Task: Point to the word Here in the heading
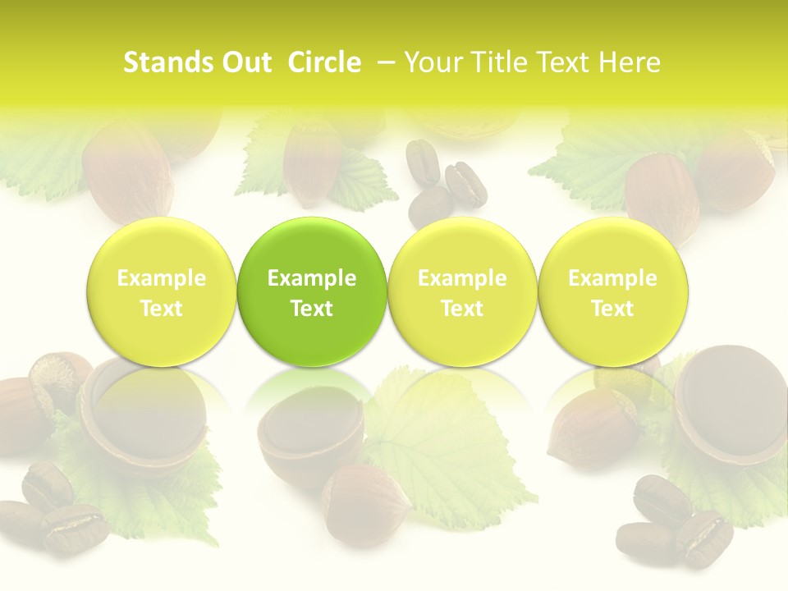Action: click(x=630, y=62)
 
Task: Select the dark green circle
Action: click(x=312, y=292)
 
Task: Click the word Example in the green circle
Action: click(x=312, y=278)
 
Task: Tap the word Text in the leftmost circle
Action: click(x=161, y=309)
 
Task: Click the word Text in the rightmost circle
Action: click(x=613, y=309)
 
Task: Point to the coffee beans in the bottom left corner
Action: click(x=57, y=509)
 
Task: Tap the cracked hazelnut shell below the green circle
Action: click(x=308, y=435)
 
